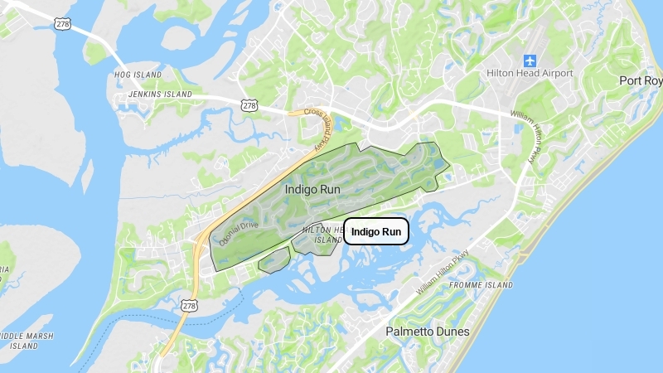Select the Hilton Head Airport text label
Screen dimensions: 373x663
pos(530,74)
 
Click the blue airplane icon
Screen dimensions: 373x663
pos(530,61)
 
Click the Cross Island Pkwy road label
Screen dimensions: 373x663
pos(317,128)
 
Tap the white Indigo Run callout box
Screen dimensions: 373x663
pos(376,231)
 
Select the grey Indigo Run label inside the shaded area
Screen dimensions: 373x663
pos(312,189)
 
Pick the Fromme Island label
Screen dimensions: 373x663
pos(482,285)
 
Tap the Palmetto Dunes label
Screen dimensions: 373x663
pos(428,332)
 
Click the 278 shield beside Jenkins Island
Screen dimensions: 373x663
pos(250,105)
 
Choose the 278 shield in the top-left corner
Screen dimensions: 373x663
pos(64,23)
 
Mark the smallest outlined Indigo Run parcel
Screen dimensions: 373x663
pos(273,260)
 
